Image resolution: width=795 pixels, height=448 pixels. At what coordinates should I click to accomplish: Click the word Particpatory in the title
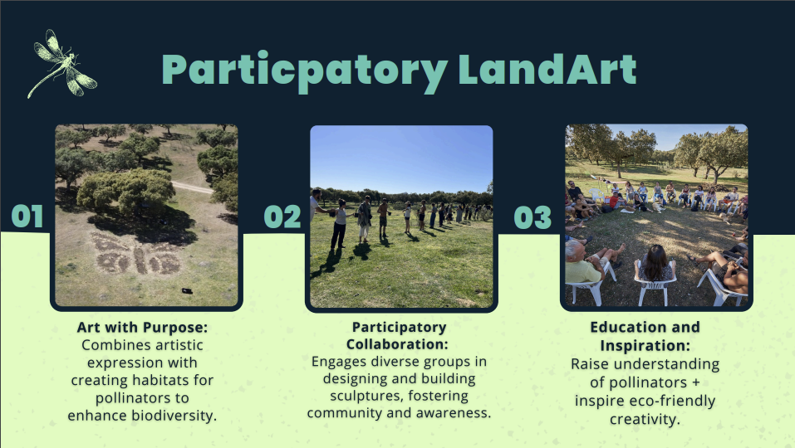pos(305,71)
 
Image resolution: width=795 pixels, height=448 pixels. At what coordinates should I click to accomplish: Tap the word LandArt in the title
pos(547,69)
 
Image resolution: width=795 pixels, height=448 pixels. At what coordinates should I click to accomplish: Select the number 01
pos(27,217)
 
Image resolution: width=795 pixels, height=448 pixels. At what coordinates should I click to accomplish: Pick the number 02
pos(282,217)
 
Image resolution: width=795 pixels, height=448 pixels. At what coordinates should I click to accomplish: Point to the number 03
pos(532,217)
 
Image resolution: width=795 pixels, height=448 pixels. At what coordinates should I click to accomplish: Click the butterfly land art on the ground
pos(136,254)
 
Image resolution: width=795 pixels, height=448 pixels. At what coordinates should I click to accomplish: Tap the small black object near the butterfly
pos(187,290)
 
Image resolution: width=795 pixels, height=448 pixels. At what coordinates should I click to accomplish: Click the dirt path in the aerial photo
pos(192,187)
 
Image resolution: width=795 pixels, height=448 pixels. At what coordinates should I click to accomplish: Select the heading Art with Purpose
pos(143,328)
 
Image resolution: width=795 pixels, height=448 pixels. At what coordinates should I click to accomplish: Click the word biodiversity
pos(174,416)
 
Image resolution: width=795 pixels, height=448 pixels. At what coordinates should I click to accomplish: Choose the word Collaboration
pos(397,344)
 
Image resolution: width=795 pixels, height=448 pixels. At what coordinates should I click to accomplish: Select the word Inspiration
pos(645,346)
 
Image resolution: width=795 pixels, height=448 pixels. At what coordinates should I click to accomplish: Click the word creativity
pos(645,420)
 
